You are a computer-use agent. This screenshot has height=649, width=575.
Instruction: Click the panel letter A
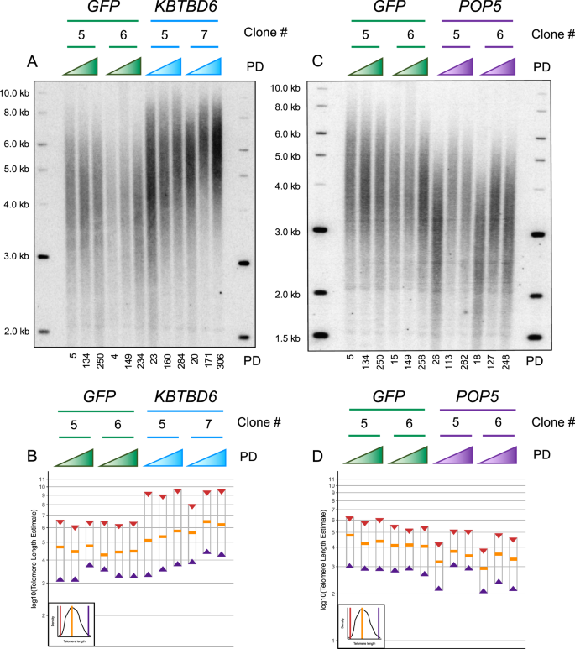point(33,63)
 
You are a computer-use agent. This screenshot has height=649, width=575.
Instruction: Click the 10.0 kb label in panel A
point(15,93)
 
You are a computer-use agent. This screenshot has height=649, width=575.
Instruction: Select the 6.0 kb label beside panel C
point(287,133)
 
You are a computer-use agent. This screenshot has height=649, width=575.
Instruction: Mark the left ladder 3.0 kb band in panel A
point(44,257)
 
